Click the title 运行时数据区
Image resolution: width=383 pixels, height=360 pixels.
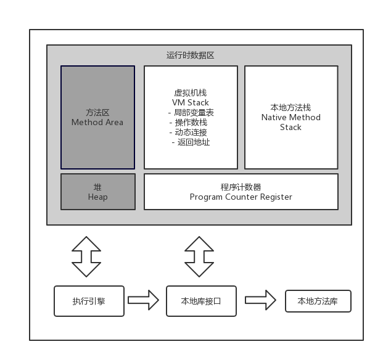point(190,55)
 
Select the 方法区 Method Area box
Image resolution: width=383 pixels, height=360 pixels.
point(97,117)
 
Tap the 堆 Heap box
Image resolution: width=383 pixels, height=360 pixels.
point(97,192)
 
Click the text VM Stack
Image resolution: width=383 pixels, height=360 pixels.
point(191,102)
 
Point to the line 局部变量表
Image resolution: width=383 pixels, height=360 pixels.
point(191,112)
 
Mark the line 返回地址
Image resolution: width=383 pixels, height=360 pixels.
point(191,142)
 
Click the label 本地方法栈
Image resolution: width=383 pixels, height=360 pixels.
point(291,107)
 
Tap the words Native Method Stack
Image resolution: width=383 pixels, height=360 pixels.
point(291,122)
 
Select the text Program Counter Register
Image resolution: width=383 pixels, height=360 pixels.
point(241,197)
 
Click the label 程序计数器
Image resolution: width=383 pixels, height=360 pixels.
point(241,187)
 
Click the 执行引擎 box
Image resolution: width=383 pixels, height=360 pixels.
point(89,301)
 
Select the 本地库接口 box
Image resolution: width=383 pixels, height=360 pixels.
point(201,301)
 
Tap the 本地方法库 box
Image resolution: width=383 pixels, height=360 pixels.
point(318,301)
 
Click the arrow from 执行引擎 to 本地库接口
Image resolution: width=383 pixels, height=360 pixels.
point(144,300)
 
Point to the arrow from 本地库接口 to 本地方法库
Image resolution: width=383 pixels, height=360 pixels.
point(260,300)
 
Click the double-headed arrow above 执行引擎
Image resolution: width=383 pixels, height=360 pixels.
point(86,256)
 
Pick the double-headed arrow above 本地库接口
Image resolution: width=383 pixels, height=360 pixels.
point(200,256)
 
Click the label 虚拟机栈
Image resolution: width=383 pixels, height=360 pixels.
point(191,92)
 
